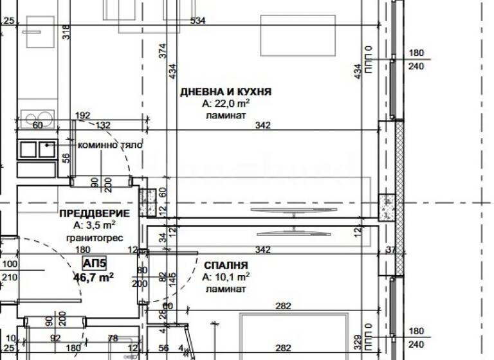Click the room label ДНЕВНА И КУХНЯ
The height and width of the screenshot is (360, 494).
click(x=225, y=92)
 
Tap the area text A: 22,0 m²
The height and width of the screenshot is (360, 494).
click(x=225, y=104)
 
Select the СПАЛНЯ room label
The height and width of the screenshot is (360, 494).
click(x=226, y=265)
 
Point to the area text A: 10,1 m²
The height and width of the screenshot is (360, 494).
click(x=225, y=277)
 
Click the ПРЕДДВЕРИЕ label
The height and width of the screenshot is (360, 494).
click(x=94, y=213)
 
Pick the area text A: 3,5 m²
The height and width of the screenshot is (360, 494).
click(x=94, y=225)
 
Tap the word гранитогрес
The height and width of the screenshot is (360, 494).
click(x=94, y=237)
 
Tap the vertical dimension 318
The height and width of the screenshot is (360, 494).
click(x=66, y=32)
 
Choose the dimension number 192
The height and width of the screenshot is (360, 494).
click(x=83, y=116)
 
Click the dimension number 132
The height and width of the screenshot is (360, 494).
click(x=103, y=125)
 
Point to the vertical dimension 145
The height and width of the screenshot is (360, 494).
click(x=172, y=279)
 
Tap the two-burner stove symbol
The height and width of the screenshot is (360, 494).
click(x=37, y=149)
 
